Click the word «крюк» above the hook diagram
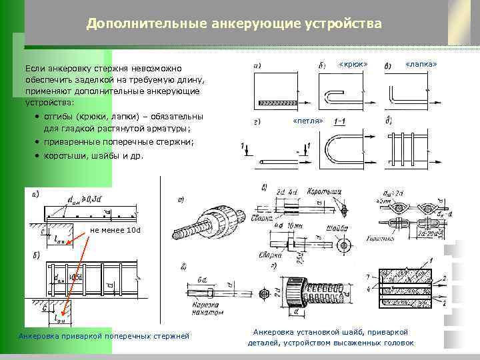[353, 65]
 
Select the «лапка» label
[421, 65]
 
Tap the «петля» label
[307, 121]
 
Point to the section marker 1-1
[339, 121]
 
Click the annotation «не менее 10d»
[115, 230]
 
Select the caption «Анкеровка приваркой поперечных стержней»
[104, 335]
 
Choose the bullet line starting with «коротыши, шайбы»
[93, 156]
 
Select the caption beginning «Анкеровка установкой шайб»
[331, 337]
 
